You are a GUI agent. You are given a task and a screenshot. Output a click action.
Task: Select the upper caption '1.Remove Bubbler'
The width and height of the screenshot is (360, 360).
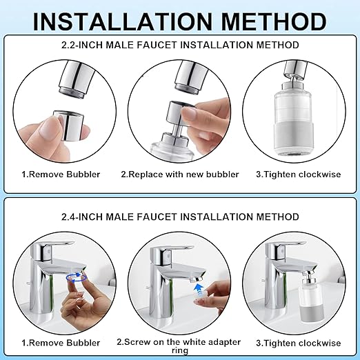pos(61,174)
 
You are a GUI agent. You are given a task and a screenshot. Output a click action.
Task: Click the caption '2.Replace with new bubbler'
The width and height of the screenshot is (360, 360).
pos(180,174)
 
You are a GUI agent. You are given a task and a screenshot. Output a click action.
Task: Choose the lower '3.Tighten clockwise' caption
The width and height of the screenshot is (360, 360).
pos(299,343)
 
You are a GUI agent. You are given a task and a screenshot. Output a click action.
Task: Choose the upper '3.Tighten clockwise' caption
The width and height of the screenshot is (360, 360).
pos(299,174)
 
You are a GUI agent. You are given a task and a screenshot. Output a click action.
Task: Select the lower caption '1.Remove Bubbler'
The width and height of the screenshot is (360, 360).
pos(61,343)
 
